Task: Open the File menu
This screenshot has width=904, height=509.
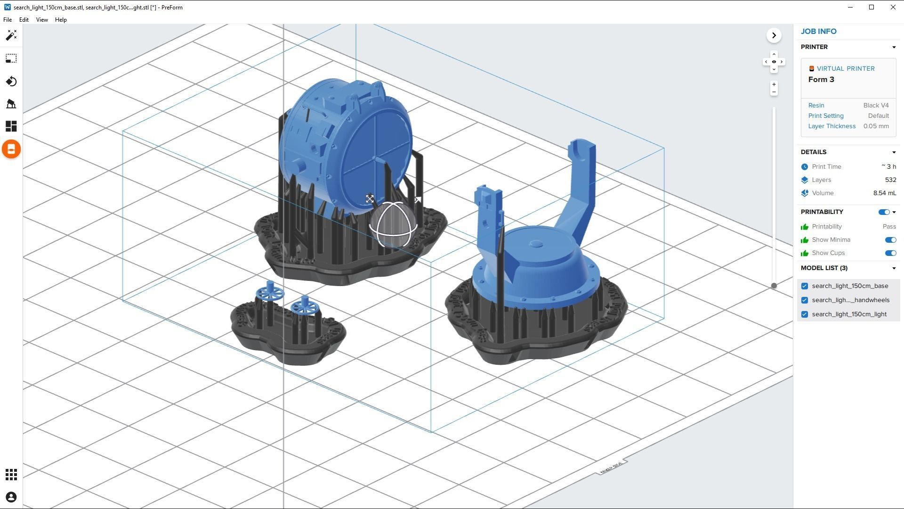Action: pyautogui.click(x=8, y=20)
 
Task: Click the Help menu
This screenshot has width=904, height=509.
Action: pyautogui.click(x=61, y=20)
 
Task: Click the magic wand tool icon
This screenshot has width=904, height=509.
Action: pyautogui.click(x=11, y=35)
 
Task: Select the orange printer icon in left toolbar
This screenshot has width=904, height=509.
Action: pyautogui.click(x=11, y=149)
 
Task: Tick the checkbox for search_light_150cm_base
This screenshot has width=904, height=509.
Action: pyautogui.click(x=805, y=286)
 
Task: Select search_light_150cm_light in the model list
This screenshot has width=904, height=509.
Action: pyautogui.click(x=849, y=314)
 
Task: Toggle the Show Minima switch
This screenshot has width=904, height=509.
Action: pyautogui.click(x=890, y=240)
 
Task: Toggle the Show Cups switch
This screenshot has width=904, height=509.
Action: pyautogui.click(x=890, y=253)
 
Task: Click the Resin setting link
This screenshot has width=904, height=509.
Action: pyautogui.click(x=816, y=106)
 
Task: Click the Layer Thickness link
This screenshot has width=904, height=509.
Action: pyautogui.click(x=831, y=126)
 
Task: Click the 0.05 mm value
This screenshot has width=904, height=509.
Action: pyautogui.click(x=876, y=126)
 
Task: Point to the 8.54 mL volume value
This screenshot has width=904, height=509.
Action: pyautogui.click(x=884, y=193)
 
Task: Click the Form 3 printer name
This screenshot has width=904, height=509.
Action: pyautogui.click(x=821, y=80)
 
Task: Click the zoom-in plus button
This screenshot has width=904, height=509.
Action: pyautogui.click(x=774, y=85)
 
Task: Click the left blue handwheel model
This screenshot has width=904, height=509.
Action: pyautogui.click(x=270, y=293)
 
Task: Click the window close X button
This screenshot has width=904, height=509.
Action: pyautogui.click(x=893, y=7)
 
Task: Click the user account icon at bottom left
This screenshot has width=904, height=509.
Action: pyautogui.click(x=11, y=497)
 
